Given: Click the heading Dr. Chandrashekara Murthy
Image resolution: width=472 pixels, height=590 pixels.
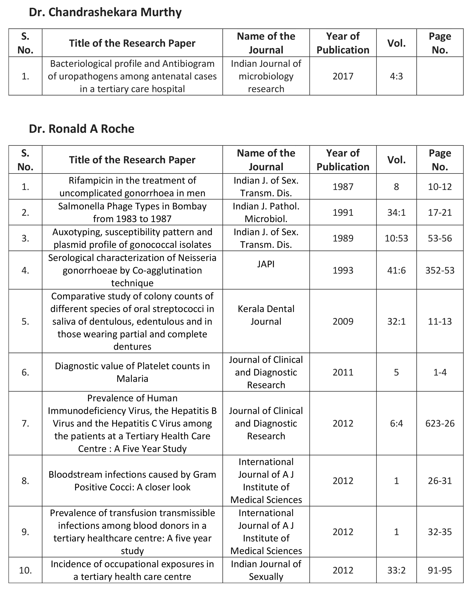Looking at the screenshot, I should pos(105,12).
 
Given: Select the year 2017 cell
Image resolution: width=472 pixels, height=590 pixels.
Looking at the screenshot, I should pos(343,76).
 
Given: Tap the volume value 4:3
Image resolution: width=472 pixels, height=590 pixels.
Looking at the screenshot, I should pos(396,76).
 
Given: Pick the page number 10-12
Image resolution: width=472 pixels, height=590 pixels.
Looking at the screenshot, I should pos(440,187).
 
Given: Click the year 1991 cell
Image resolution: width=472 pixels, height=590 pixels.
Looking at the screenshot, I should pos(343,213).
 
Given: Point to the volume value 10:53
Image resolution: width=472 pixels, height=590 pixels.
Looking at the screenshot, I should pos(396,238).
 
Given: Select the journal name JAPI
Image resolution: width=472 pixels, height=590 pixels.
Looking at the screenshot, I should pos(266,264).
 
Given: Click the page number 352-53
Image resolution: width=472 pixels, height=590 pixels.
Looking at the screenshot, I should pos(440,271).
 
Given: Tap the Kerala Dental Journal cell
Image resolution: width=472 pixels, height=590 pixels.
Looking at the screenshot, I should pos(266,315).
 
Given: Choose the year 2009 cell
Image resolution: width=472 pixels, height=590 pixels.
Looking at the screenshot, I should pos(343,321).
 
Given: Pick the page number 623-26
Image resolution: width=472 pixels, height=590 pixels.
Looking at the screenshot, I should pos(440,423).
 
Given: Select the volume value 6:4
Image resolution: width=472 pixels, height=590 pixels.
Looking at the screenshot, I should pos(396,423).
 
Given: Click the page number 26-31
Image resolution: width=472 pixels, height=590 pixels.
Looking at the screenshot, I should pos(440,481).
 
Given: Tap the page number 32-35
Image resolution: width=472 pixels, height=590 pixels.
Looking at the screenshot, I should pos(440,532).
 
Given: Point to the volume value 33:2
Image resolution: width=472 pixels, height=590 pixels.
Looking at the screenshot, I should pos(396,570).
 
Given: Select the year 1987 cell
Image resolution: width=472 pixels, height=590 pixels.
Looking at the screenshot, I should pos(343,187).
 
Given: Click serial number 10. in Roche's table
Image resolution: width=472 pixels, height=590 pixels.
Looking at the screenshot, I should pos(25,570).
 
